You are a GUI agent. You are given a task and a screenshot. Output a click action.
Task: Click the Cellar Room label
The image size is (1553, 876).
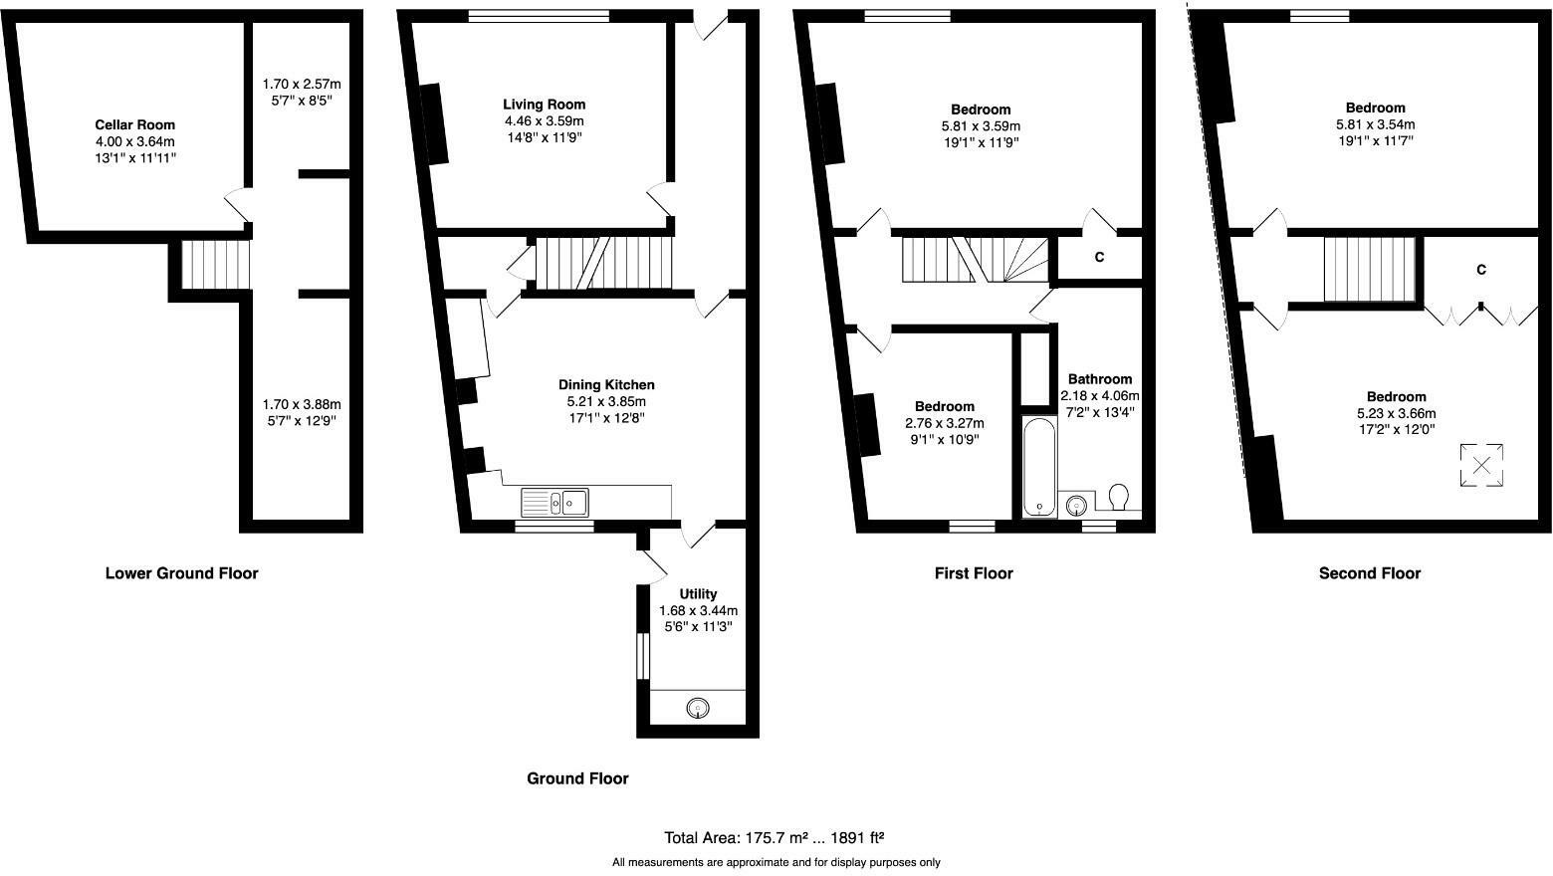coord(135,124)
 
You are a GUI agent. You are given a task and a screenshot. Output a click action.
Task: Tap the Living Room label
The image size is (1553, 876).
coord(545,104)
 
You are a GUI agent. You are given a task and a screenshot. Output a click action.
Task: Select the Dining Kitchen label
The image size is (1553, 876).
coord(606,384)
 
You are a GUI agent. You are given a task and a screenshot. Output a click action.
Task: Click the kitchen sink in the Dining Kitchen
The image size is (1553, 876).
coord(555,503)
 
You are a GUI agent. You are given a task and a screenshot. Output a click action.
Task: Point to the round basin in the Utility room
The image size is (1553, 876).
coord(698,709)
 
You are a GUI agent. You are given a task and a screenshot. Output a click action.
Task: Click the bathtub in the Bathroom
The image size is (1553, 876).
coord(1040,467)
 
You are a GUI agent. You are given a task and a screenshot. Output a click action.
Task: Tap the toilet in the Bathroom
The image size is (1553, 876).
coord(1118,497)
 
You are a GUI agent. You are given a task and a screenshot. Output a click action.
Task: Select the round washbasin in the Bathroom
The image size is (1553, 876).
coord(1076,504)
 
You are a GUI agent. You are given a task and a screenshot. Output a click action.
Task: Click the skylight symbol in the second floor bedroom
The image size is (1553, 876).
coord(1481,465)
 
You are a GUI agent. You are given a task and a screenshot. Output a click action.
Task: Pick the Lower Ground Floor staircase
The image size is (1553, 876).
coord(216,264)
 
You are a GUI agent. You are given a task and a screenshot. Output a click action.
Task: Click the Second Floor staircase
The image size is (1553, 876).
coord(1369,270)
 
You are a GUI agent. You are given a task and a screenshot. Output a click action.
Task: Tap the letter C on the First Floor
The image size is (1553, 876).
coord(1099,257)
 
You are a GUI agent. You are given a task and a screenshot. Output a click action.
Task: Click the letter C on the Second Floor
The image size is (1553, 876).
coord(1481,270)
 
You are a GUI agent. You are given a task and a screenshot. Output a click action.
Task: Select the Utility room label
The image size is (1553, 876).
coord(698,594)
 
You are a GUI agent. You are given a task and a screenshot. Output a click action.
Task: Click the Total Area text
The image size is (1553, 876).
coord(774,838)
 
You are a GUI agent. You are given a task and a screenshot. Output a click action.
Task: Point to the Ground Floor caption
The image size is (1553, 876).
coord(577,778)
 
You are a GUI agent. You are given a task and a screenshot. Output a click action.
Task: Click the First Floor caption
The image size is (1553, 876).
coord(974,573)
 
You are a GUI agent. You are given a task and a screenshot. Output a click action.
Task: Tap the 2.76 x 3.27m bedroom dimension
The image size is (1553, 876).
coord(945,423)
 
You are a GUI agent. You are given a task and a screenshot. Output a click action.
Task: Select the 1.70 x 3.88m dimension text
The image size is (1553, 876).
coord(302,404)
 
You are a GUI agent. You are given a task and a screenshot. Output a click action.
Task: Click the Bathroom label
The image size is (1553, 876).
coord(1100,379)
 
